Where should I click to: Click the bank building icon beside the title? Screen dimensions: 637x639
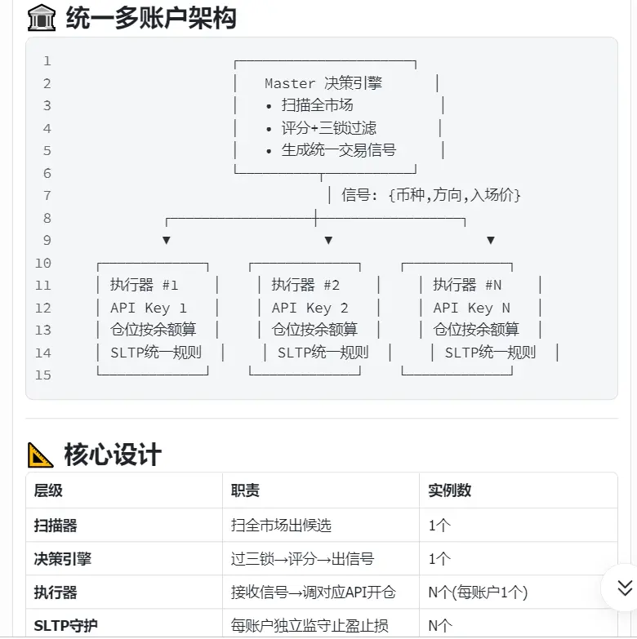(x=41, y=18)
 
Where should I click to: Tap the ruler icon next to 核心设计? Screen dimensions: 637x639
(x=40, y=455)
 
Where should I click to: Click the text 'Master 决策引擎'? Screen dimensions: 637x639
(x=323, y=83)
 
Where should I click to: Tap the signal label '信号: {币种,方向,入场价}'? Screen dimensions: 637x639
(x=431, y=195)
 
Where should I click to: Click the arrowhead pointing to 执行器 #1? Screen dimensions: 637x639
(x=167, y=240)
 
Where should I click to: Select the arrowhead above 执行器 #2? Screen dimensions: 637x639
(x=328, y=240)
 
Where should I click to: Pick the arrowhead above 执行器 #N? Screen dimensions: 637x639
(x=491, y=240)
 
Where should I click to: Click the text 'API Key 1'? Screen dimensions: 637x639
(x=149, y=308)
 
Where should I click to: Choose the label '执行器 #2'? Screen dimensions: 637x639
(x=305, y=285)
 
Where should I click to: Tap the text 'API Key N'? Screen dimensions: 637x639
(x=472, y=308)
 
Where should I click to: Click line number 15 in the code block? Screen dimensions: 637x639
(x=42, y=375)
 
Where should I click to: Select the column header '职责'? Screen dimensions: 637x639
(x=245, y=490)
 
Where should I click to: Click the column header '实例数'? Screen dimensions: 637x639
(x=449, y=490)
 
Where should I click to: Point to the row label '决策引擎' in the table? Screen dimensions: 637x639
(x=62, y=559)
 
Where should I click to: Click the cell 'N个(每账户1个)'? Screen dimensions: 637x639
(x=478, y=592)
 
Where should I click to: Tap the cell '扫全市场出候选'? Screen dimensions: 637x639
(x=281, y=526)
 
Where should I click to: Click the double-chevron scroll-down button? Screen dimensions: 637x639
(x=624, y=588)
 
